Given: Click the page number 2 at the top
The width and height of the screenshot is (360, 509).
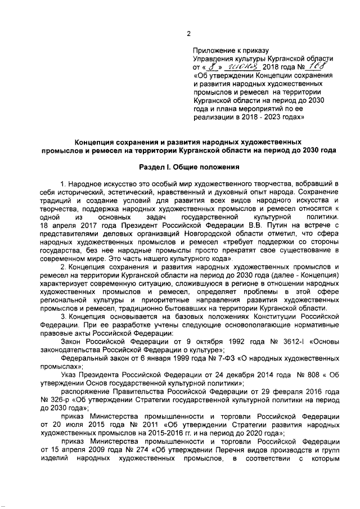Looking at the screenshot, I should coord(189,33).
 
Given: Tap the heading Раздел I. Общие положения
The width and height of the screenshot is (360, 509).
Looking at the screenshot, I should coord(191,166).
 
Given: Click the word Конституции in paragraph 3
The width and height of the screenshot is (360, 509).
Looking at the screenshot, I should coord(272,317).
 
